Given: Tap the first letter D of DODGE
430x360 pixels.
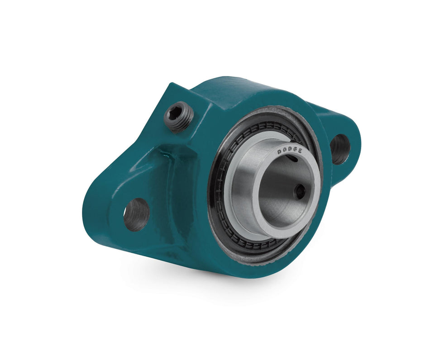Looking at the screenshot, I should coord(280,152).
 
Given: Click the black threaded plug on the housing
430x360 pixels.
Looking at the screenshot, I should coord(178,116).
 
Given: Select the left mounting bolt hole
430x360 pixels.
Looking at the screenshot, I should coord(136,214).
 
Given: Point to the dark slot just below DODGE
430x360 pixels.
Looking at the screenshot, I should coord(293,159).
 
